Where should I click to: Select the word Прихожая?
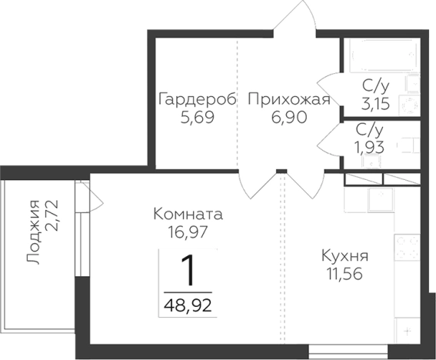coord(288,100)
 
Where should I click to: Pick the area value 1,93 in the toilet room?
coord(371,145)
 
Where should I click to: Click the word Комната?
coord(188,213)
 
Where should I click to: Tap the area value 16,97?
coord(188,230)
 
